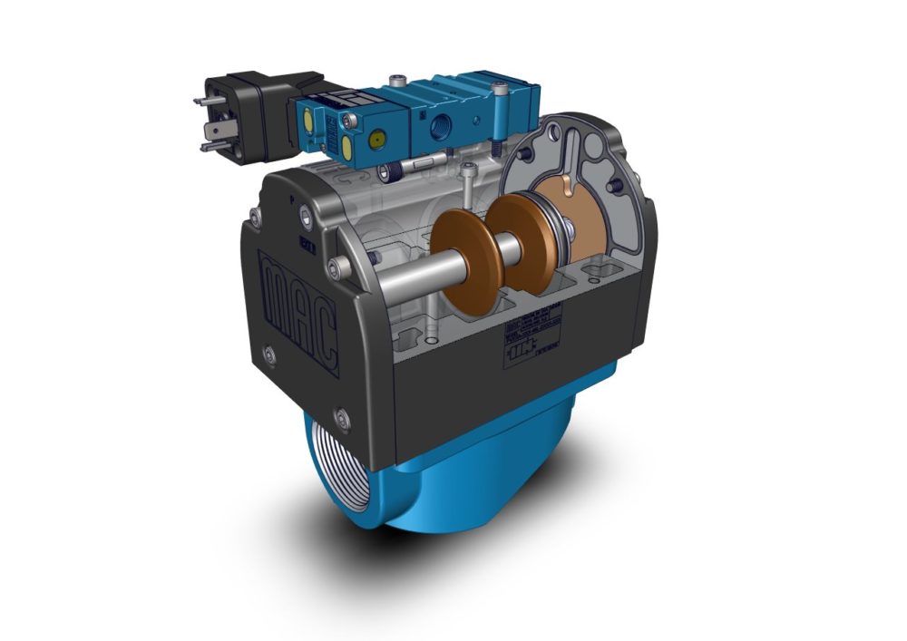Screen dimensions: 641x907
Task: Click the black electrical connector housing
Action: click(x=254, y=113)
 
